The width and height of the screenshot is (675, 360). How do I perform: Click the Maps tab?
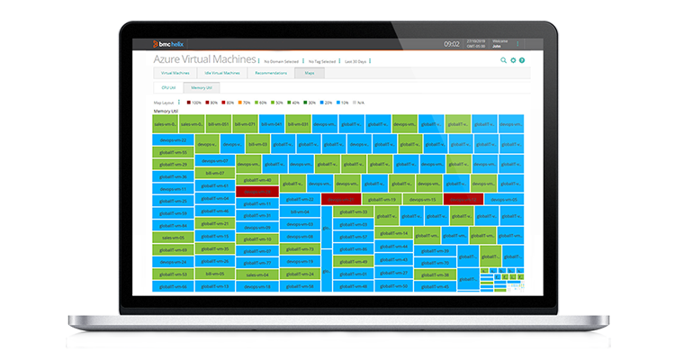tap(310, 72)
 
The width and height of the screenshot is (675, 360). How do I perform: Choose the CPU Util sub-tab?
tap(167, 88)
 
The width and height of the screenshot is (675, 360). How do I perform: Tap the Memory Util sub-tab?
tap(201, 88)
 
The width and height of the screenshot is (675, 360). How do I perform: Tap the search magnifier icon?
tap(504, 60)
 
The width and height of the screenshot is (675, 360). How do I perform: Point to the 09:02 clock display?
tap(452, 43)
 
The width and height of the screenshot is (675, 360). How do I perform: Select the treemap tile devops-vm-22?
tap(173, 140)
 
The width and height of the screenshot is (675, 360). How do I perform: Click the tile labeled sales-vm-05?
tap(173, 238)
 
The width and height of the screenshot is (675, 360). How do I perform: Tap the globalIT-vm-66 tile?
tap(173, 286)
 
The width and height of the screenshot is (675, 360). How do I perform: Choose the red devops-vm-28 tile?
tap(257, 192)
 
